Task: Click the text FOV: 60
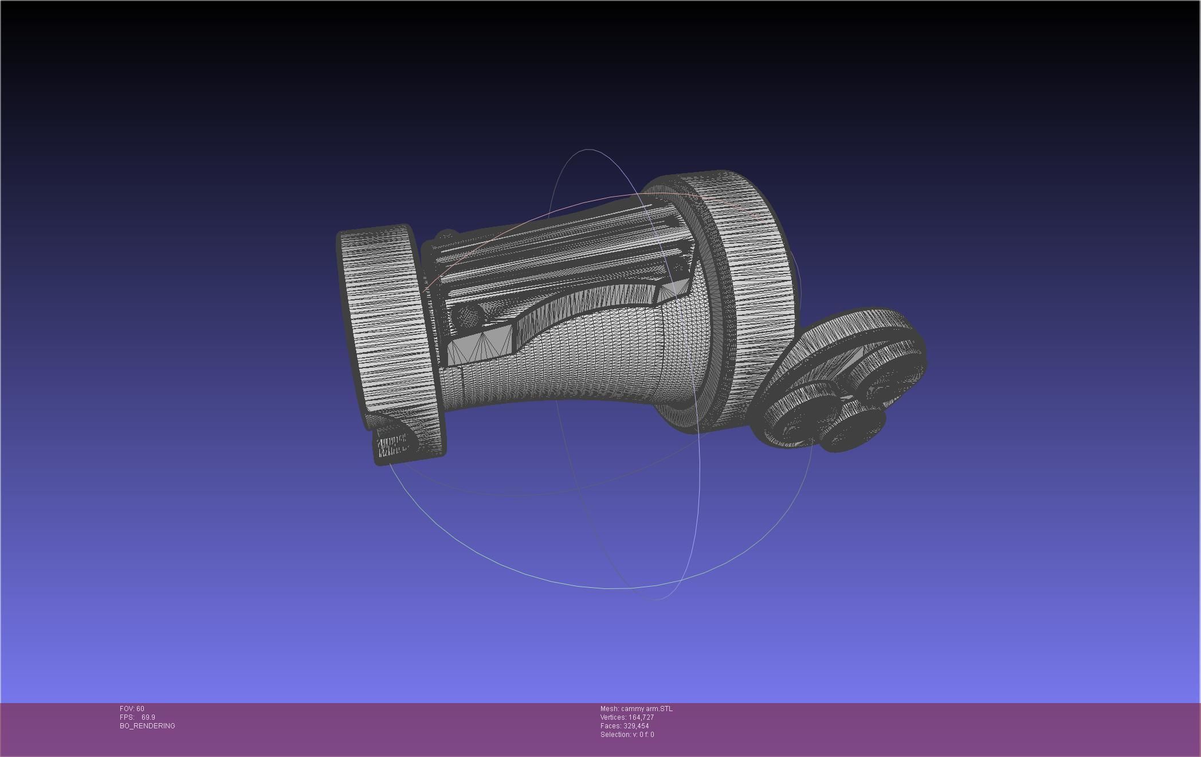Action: (x=132, y=709)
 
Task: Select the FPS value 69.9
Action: (x=148, y=717)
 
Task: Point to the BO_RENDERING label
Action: (x=147, y=726)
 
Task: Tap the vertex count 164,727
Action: (x=641, y=717)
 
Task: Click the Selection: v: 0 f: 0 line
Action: (x=627, y=735)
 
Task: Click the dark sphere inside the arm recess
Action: (x=468, y=316)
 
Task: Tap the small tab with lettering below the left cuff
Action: (x=392, y=446)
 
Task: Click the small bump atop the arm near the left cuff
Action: (x=447, y=235)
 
